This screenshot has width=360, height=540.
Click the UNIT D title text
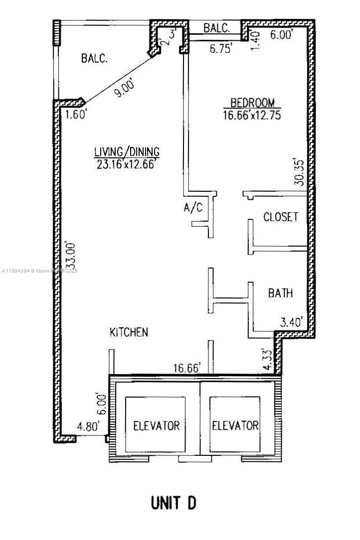(x=174, y=503)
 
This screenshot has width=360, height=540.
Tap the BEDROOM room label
(x=252, y=103)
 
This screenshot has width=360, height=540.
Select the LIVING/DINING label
(x=127, y=151)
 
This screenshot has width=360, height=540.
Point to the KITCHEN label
(x=129, y=332)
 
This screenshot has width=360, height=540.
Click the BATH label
(x=280, y=293)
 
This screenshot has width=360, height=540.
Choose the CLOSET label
(x=280, y=217)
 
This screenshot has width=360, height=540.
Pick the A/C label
(x=193, y=208)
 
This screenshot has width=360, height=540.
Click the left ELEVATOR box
(x=156, y=425)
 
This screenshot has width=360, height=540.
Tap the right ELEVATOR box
(x=235, y=425)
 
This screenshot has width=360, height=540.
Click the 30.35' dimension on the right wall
(x=299, y=172)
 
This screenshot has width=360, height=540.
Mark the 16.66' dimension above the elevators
(x=187, y=368)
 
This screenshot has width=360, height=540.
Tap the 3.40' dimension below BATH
(x=292, y=323)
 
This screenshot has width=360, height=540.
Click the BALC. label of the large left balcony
(x=94, y=58)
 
